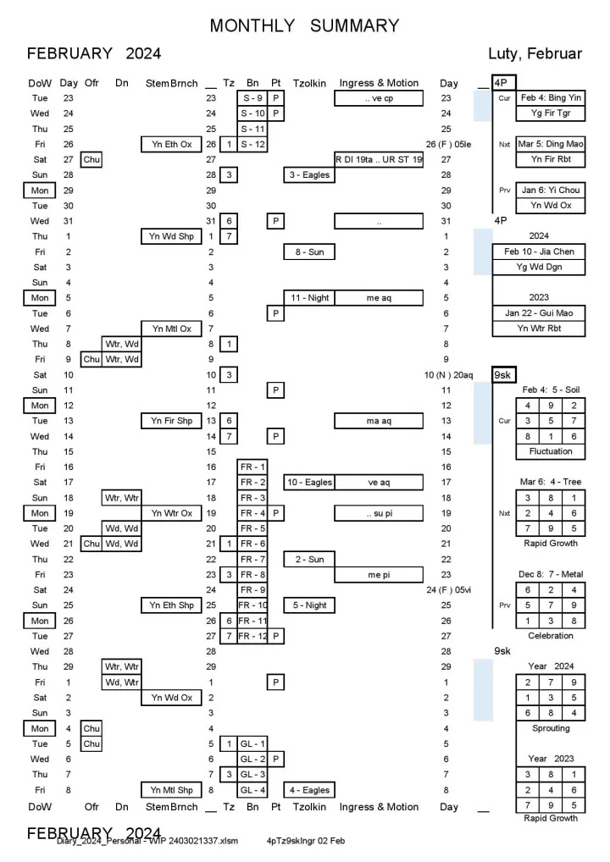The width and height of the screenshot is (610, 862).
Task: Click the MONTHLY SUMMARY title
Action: coord(304,26)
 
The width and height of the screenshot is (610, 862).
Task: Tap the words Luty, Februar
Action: coord(535,54)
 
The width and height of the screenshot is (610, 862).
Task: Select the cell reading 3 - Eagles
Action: coord(308,175)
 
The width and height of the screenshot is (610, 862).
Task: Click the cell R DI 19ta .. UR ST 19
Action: coord(379,160)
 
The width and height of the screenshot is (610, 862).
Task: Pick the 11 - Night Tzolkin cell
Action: coord(308,298)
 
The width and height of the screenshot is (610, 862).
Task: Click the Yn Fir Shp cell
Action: coord(172,421)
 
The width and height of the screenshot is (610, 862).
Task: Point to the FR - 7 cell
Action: coord(252,560)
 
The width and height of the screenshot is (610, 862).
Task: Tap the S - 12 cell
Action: coord(252,145)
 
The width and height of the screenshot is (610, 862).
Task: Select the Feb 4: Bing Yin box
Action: coord(551,98)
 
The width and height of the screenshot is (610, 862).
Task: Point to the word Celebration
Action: coord(551,635)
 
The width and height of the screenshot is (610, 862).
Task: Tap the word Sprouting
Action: coord(551,728)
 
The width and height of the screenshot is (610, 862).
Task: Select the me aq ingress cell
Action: coord(379,298)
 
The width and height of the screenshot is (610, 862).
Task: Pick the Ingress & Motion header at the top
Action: coord(379,83)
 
